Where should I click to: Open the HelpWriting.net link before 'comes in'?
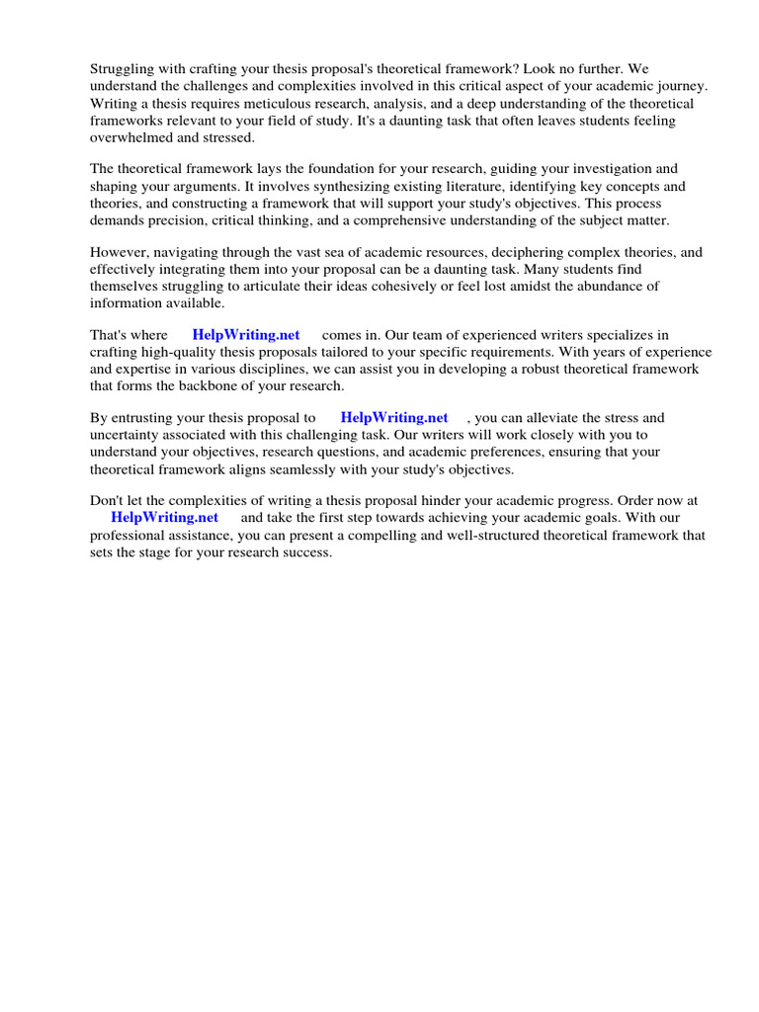[246, 336]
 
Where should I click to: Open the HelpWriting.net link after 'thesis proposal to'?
[394, 419]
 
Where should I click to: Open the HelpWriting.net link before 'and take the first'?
[164, 519]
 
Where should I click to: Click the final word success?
[305, 552]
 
